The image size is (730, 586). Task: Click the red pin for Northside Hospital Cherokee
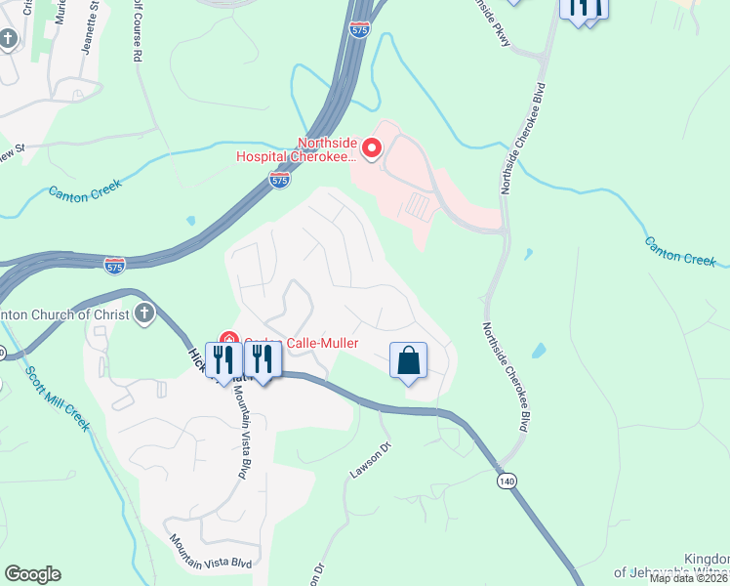(372, 148)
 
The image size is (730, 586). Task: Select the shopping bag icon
(408, 360)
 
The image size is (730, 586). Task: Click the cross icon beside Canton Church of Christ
(143, 314)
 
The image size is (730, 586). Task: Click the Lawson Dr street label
(370, 460)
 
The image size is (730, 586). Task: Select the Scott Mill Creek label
(60, 399)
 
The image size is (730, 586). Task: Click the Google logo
(32, 574)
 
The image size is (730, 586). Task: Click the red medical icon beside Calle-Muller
(228, 341)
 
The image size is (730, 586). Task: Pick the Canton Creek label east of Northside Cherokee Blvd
(680, 250)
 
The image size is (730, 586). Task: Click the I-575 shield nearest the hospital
(279, 181)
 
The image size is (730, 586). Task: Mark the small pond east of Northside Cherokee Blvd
(528, 255)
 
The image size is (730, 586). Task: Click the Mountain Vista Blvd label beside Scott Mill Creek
(211, 553)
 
